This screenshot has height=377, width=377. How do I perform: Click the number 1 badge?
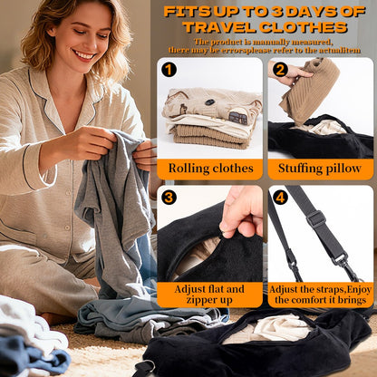[169, 70]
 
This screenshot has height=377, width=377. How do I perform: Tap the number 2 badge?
[279, 70]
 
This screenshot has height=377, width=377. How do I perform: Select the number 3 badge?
[169, 197]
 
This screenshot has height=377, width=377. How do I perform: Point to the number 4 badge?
[279, 197]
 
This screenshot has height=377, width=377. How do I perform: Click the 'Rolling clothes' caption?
[209, 168]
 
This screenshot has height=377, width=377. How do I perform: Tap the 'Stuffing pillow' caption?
[321, 168]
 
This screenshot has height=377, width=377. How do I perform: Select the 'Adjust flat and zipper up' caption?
[209, 294]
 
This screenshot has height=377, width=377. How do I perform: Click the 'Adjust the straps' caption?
[320, 294]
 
